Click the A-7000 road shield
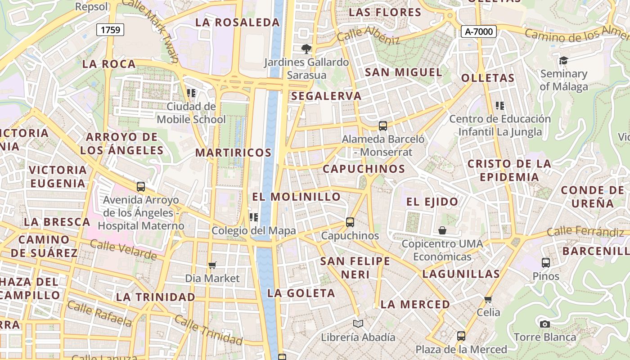479,31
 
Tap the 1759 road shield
110,30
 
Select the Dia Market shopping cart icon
212,265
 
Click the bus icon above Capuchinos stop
350,222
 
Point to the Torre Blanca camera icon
544,324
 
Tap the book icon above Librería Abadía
358,324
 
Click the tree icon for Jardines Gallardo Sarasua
306,49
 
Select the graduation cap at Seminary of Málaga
563,60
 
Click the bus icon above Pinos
545,263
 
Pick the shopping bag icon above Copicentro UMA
442,230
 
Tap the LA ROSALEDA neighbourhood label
238,22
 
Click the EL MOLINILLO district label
297,197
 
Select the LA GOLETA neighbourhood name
301,293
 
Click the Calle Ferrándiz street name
585,232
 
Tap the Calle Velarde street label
123,250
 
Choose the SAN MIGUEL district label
403,72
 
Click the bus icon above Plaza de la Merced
461,336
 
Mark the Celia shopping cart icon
488,299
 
